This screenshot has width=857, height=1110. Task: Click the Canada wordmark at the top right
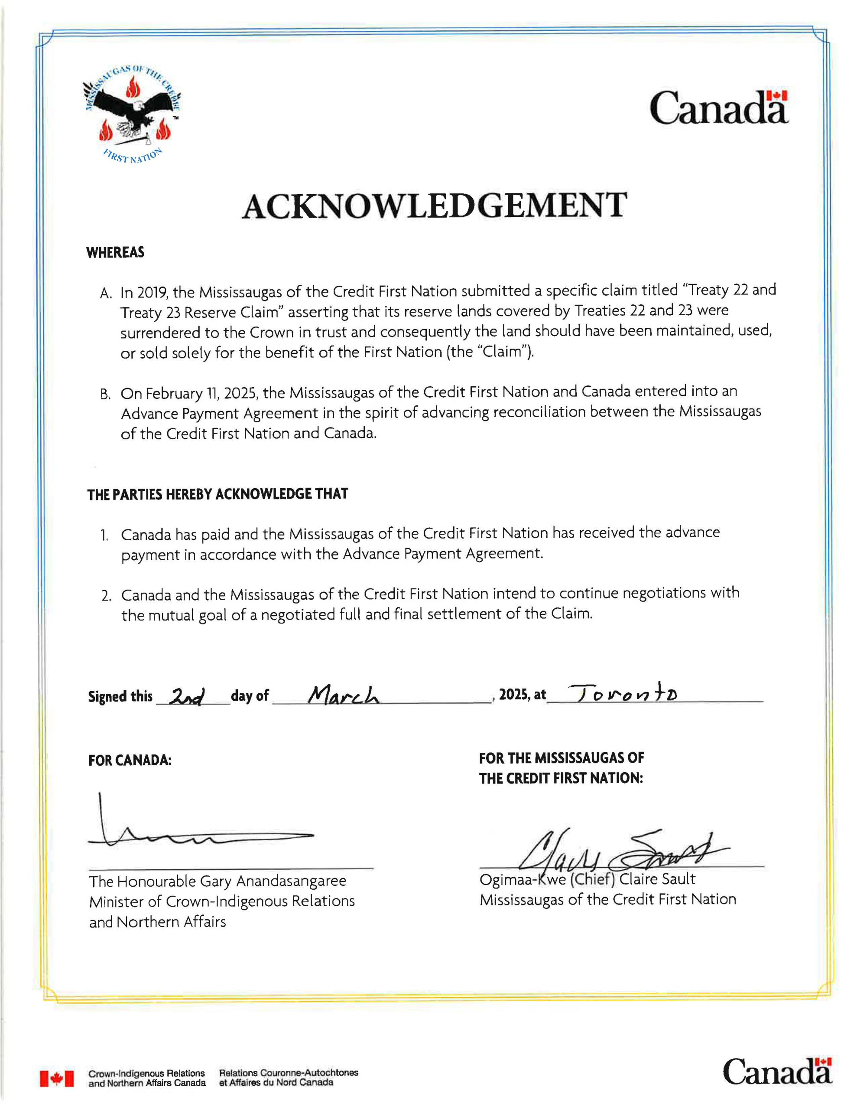718,108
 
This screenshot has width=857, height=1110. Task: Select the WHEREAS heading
115,253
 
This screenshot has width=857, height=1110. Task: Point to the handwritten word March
344,695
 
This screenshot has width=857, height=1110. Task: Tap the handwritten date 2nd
188,696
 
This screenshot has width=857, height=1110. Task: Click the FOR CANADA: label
130,761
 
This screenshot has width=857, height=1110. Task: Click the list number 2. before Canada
106,596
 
